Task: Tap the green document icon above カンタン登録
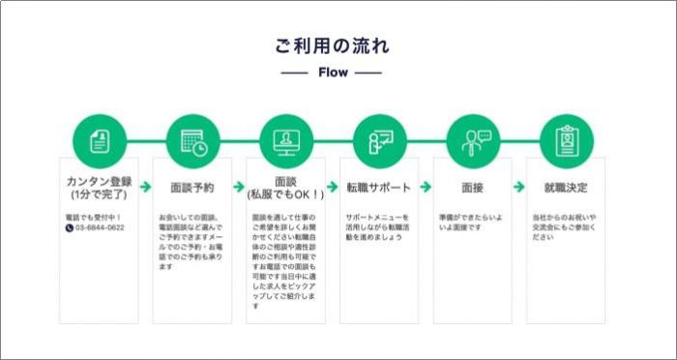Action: click(98, 141)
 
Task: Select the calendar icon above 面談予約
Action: click(192, 141)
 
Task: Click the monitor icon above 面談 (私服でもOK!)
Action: click(286, 141)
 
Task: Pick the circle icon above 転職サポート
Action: click(379, 141)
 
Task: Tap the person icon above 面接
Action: click(473, 141)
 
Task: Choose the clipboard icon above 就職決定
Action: click(567, 141)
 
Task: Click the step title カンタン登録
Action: click(98, 181)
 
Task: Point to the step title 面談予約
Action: click(192, 187)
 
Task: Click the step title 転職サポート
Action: click(379, 187)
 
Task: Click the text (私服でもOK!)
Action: click(286, 194)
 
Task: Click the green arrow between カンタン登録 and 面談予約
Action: click(145, 187)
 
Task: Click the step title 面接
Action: click(473, 187)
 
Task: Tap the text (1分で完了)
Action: click(98, 195)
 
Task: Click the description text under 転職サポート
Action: click(378, 227)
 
